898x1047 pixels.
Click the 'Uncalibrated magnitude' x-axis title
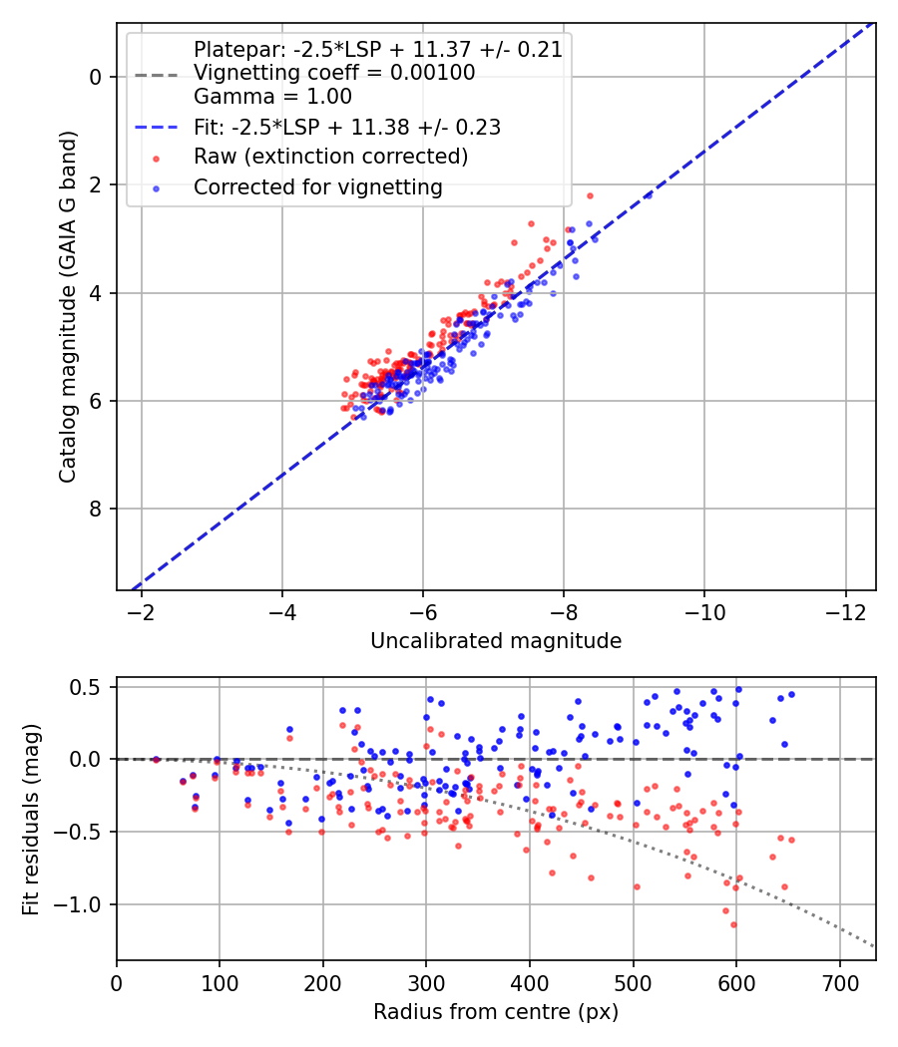[496, 641]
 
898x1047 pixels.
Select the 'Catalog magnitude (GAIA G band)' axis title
[67, 306]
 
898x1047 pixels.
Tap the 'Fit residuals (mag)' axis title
[31, 820]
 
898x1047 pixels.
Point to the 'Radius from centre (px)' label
[496, 1012]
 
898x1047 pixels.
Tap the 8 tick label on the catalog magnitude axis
[95, 509]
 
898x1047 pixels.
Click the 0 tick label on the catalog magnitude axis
[95, 77]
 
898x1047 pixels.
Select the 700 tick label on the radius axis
[839, 983]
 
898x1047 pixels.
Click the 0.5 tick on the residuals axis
[86, 687]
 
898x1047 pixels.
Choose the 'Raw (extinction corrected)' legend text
[330, 157]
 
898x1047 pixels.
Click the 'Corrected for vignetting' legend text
[318, 187]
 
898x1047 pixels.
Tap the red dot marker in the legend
[157, 159]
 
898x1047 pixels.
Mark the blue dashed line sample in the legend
[157, 127]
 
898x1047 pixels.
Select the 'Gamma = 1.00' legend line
[272, 97]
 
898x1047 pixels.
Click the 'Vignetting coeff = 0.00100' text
[334, 73]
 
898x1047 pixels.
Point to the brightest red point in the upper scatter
[590, 196]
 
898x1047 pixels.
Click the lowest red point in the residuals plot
[733, 924]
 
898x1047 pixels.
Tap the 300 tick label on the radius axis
[426, 983]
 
